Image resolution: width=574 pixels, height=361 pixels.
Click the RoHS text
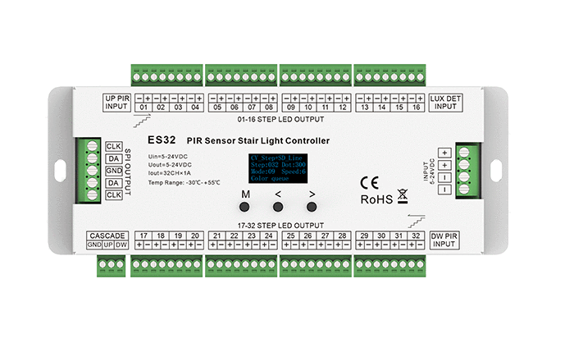[x=376, y=199]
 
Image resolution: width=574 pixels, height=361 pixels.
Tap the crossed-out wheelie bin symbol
[x=403, y=196]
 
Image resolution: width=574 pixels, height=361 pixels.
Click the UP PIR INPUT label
[x=117, y=103]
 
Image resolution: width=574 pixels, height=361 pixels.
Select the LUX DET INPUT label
[x=445, y=103]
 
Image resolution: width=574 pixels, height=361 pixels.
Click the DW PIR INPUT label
[x=445, y=240]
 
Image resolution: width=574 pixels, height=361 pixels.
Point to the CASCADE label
[x=108, y=235]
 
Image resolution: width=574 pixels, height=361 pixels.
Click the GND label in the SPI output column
[x=114, y=171]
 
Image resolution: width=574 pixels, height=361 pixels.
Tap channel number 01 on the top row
[x=143, y=107]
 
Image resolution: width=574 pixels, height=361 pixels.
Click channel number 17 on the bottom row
[x=143, y=235]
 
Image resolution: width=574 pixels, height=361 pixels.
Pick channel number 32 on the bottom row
[x=415, y=235]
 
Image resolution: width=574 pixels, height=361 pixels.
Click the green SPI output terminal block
[x=93, y=171]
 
